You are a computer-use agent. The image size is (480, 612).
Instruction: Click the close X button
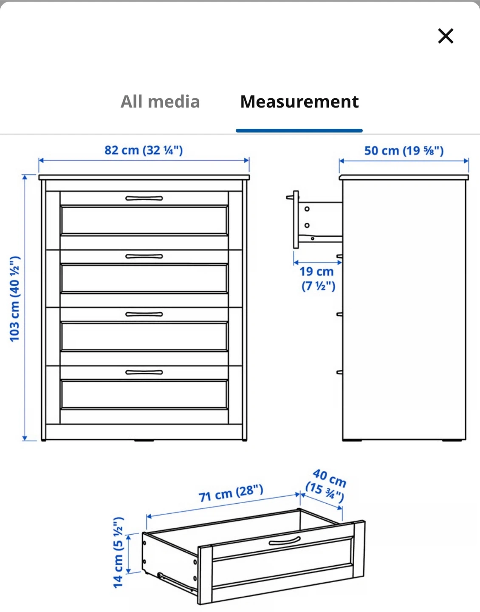click(446, 36)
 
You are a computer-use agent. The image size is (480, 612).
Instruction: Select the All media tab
click(160, 102)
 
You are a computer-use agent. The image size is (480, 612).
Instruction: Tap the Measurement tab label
click(299, 102)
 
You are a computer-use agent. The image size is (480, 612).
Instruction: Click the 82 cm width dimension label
click(144, 150)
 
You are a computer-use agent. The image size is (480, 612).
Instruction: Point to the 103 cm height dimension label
click(15, 299)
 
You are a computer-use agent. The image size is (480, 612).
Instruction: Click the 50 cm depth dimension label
click(404, 151)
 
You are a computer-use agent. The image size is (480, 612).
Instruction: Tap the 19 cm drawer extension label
click(317, 278)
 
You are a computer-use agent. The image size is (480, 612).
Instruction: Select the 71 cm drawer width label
click(231, 493)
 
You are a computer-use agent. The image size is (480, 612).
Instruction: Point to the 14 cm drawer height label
click(119, 552)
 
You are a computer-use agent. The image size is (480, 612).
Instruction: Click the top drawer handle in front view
click(144, 198)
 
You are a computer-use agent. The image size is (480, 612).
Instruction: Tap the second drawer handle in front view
click(144, 256)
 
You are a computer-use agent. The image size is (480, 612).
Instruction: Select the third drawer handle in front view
click(144, 314)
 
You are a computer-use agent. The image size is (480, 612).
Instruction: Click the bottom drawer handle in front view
click(144, 372)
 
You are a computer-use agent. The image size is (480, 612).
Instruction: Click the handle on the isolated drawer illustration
click(285, 541)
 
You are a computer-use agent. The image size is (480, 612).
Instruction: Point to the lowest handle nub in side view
click(339, 372)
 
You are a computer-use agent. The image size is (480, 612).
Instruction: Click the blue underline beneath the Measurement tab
click(299, 130)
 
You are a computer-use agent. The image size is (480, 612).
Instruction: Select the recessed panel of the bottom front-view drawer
click(144, 395)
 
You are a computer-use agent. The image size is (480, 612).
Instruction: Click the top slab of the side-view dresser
click(404, 177)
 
